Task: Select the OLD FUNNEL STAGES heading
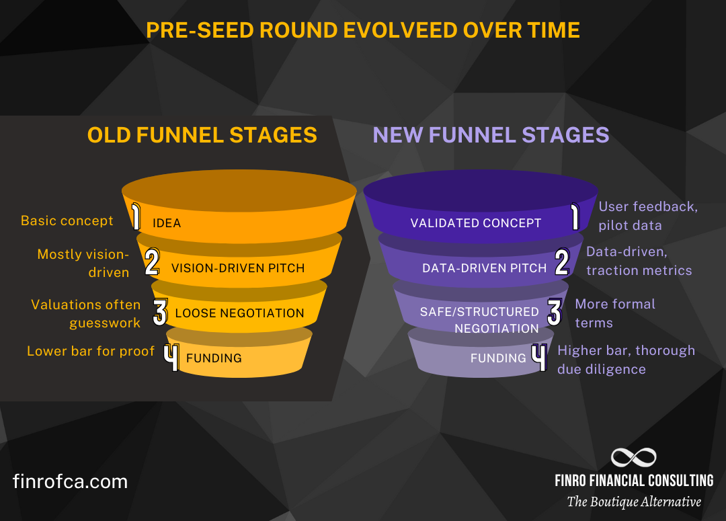click(x=202, y=134)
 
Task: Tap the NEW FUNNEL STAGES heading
click(x=491, y=134)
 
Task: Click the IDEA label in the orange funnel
click(x=167, y=223)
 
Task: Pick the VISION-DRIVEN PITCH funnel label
click(x=238, y=268)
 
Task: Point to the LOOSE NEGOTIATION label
click(x=239, y=313)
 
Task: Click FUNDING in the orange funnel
click(x=214, y=358)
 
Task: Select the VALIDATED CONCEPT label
click(x=475, y=223)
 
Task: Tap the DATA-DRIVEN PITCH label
click(x=484, y=268)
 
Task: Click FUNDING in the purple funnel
click(x=498, y=358)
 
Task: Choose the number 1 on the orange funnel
click(x=136, y=218)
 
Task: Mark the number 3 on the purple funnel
click(x=554, y=312)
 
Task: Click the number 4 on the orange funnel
click(x=172, y=358)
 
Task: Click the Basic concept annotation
click(x=67, y=221)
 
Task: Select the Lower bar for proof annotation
click(x=91, y=351)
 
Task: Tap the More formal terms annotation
click(x=614, y=313)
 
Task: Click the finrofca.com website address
click(x=70, y=481)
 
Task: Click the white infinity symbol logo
click(x=633, y=458)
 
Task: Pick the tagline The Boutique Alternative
click(x=633, y=502)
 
